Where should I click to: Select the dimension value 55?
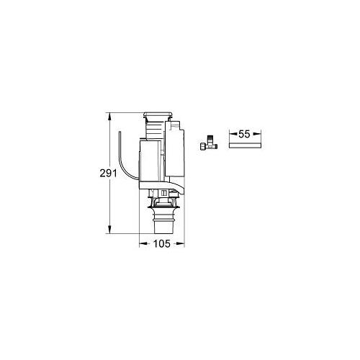point(243,134)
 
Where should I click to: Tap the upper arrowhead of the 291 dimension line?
point(109,114)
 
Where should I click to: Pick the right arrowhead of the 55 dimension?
point(258,134)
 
